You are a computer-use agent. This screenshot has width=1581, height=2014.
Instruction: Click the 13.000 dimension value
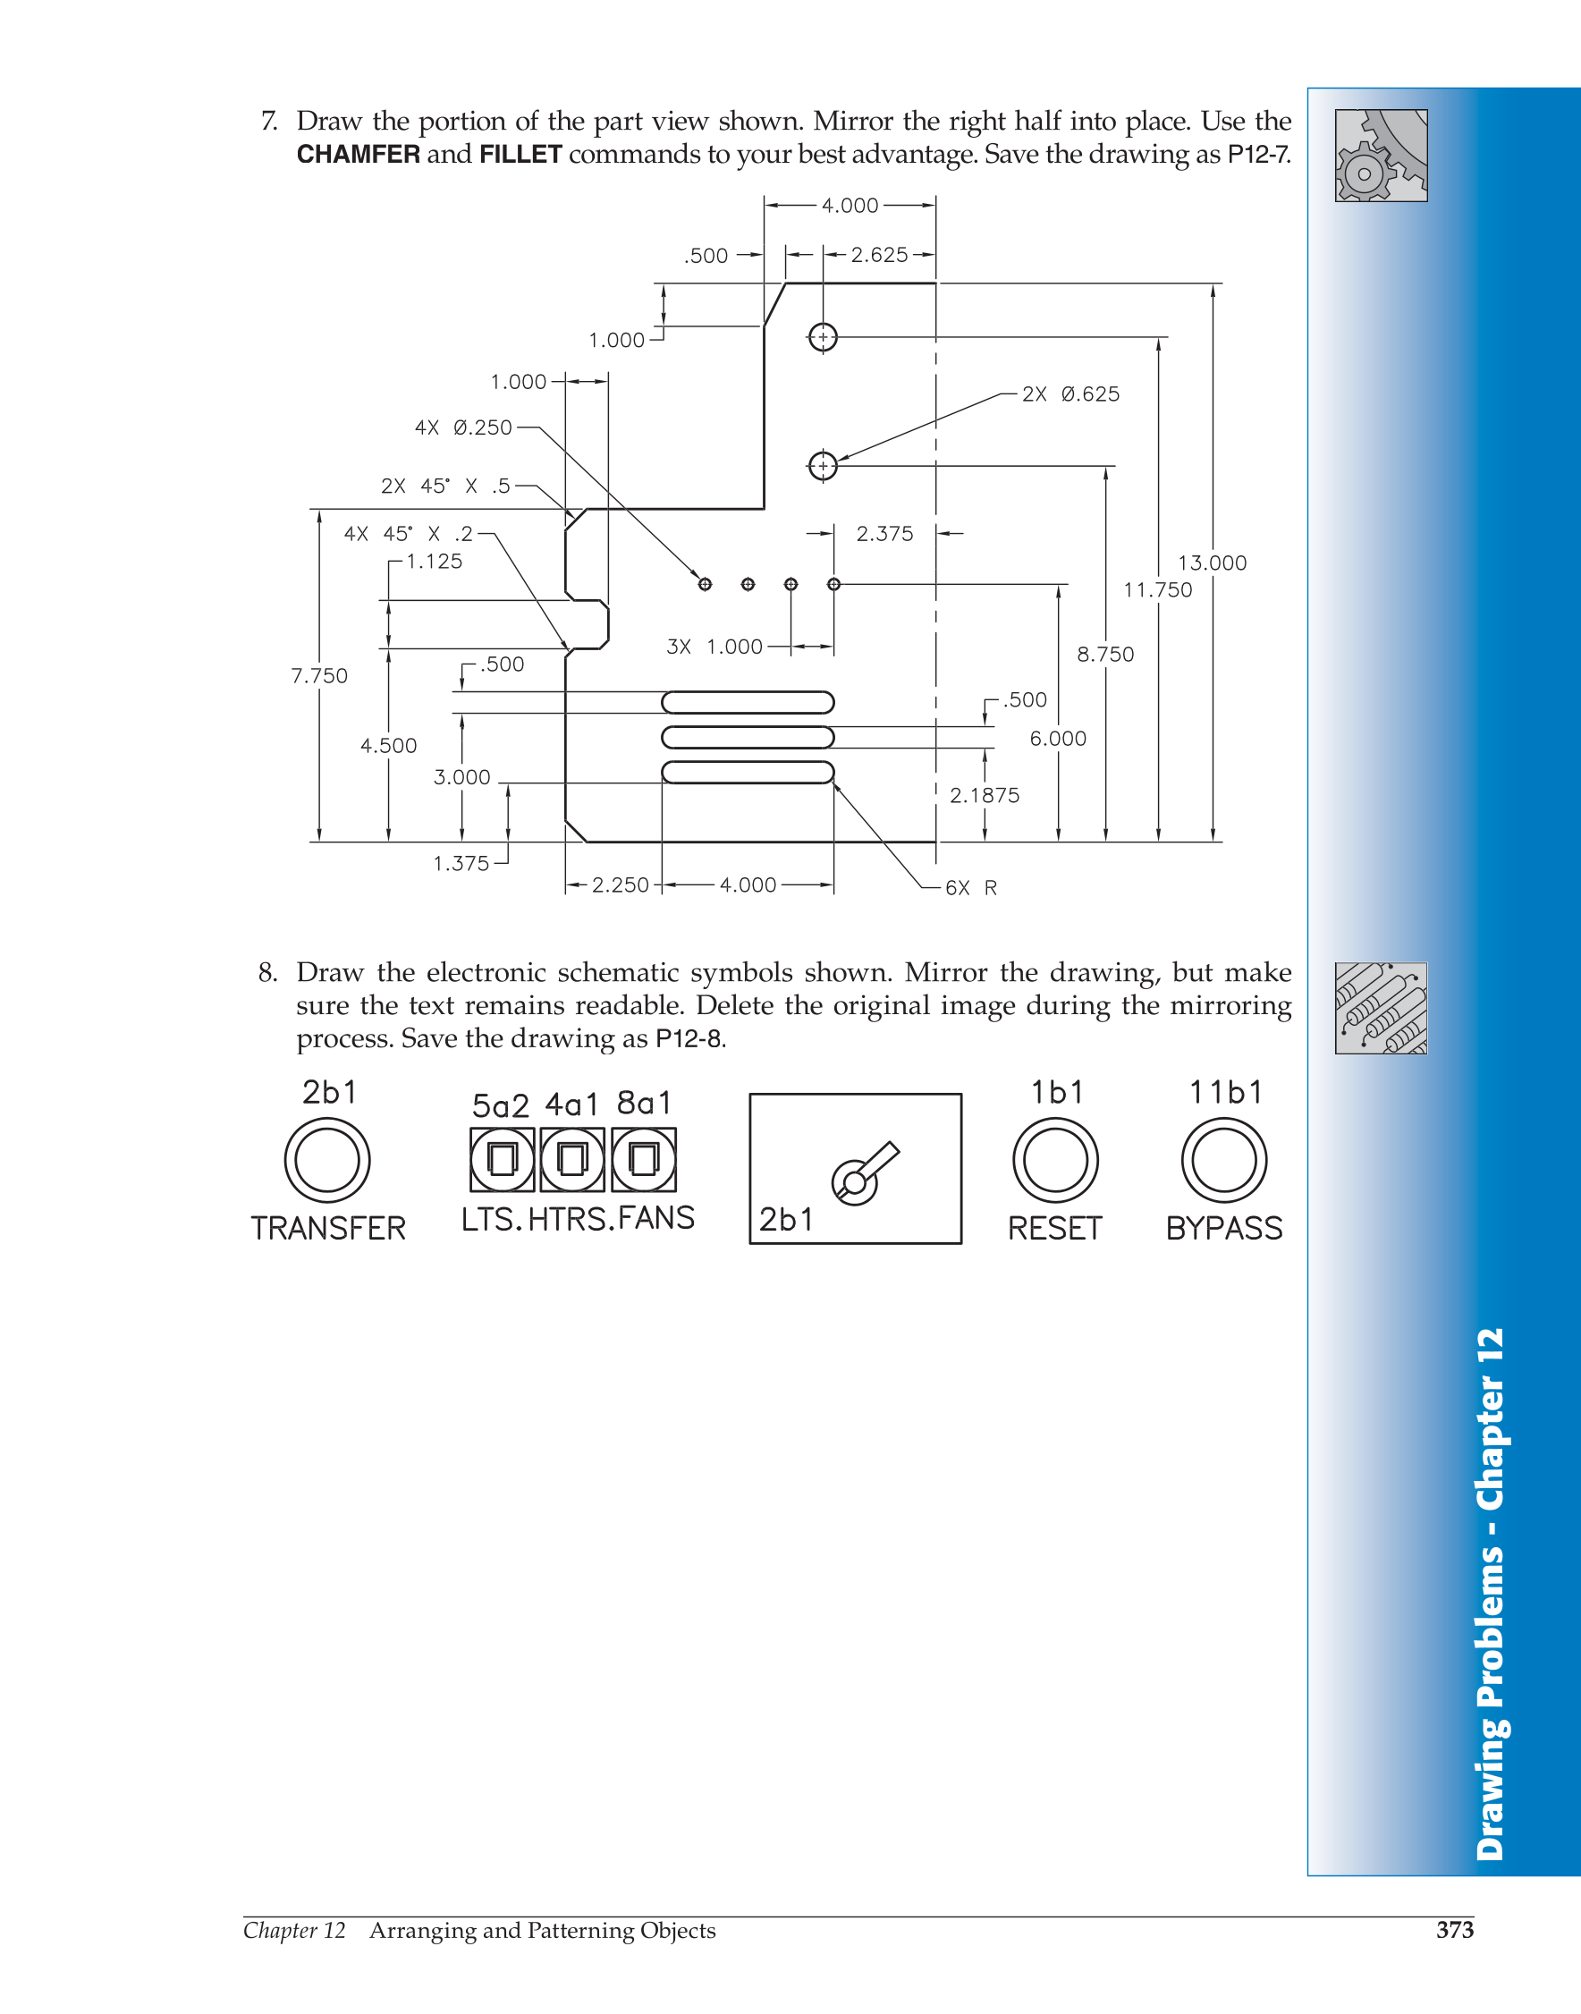coord(1212,563)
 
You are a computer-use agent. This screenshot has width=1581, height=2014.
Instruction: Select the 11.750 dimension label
coord(1157,589)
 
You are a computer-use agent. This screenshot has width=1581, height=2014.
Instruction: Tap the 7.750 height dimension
coord(319,675)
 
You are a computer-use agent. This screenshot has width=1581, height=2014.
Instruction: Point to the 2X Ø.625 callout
coord(1070,394)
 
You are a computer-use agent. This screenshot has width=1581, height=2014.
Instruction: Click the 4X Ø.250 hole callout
coord(463,427)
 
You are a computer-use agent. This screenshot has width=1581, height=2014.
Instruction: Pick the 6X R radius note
coord(971,887)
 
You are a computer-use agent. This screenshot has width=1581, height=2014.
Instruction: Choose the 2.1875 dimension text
coord(984,795)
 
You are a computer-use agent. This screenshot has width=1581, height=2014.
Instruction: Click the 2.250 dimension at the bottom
coord(621,884)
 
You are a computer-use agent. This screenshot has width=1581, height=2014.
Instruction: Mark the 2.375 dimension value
coord(884,534)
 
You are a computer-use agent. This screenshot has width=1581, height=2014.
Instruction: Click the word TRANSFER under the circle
coord(328,1228)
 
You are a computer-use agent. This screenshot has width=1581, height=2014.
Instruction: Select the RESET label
coord(1055,1228)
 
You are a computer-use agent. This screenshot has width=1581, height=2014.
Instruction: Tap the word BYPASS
coord(1223,1228)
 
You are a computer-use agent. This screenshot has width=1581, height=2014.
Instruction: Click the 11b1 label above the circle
coord(1226,1092)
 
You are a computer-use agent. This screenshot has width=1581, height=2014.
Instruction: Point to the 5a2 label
coord(500,1105)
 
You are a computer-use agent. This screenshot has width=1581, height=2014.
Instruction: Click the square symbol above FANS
coord(643,1159)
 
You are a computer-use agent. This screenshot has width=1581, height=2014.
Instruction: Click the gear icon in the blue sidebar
coord(1381,156)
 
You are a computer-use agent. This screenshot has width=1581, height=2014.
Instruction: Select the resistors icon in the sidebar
coord(1381,1008)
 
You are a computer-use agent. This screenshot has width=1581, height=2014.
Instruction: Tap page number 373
coord(1454,1929)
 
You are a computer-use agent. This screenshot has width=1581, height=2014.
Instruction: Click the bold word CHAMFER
coord(359,154)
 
